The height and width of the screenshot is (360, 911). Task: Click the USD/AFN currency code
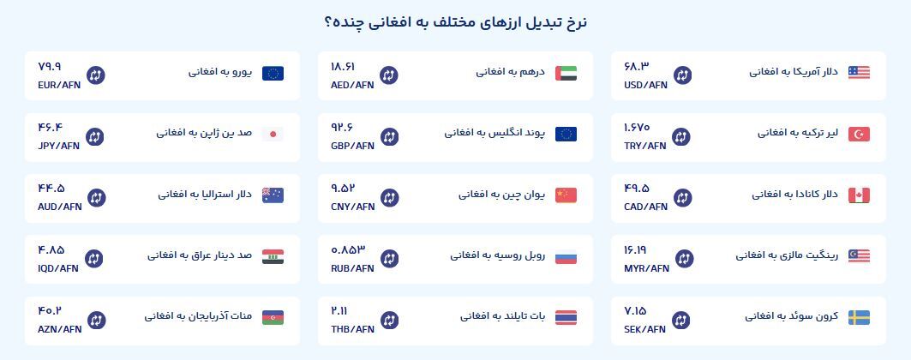coord(645,85)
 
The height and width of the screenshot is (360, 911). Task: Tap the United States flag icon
coord(859,73)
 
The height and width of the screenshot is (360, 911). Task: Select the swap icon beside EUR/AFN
coord(96,75)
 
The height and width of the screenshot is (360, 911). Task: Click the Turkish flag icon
coord(859,134)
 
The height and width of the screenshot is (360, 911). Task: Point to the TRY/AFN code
coord(645,146)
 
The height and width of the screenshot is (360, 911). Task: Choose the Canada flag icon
coord(859,195)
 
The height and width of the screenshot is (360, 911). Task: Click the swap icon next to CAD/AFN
coord(683,197)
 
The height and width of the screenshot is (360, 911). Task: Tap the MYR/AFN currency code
coord(646,268)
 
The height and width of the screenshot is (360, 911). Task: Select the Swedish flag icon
coord(859,318)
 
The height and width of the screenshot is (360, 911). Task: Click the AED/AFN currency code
coord(352,85)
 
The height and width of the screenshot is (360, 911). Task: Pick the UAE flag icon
coord(566,73)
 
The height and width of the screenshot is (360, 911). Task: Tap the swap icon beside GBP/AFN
coord(389,136)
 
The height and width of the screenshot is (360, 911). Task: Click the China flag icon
coord(566,195)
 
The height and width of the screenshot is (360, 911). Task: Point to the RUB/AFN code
coord(353,268)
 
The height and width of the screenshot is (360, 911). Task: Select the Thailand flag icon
coord(566,318)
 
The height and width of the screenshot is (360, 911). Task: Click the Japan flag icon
coord(273,134)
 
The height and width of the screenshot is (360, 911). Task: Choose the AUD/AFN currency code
coord(60,207)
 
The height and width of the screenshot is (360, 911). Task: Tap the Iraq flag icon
coord(273,256)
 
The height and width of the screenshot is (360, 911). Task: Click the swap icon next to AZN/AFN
coord(97,320)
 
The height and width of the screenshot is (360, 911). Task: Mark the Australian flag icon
coord(273,195)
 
